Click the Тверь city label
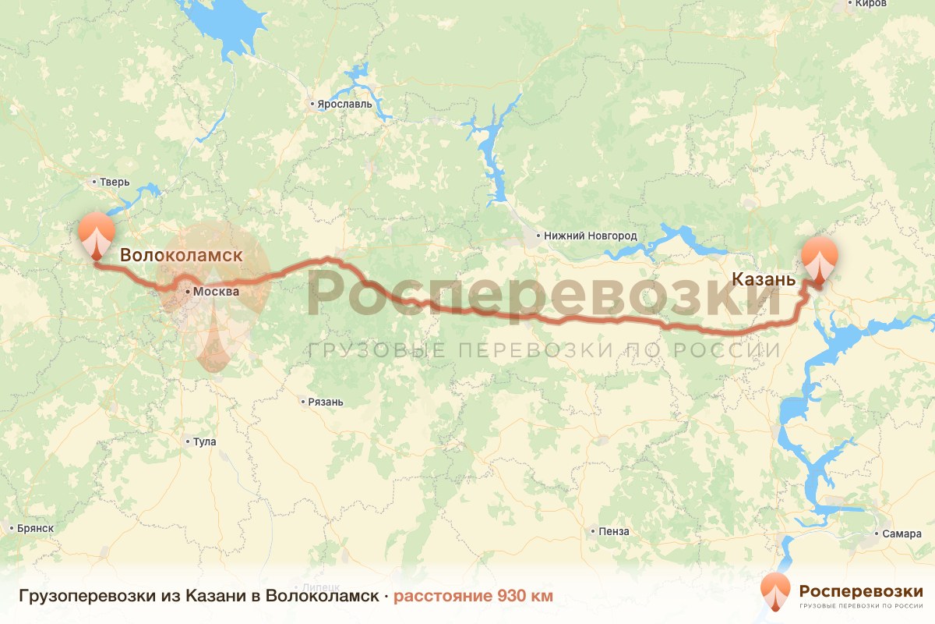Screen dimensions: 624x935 coord(114,183)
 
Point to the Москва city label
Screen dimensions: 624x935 coord(216,292)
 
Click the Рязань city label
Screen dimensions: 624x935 coord(325,402)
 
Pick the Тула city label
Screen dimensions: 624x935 coord(204,441)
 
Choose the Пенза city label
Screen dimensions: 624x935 coord(614,532)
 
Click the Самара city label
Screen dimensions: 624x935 coord(902,534)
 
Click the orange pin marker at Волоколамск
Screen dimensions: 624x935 coord(97,234)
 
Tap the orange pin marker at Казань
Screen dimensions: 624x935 coord(820,258)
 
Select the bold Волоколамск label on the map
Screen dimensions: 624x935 coord(181,255)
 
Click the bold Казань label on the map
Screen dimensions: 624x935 coord(764,279)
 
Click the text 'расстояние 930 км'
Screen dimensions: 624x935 coord(473,597)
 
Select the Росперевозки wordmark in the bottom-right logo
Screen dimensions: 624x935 coord(861,590)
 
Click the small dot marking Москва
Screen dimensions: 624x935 coord(188,291)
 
